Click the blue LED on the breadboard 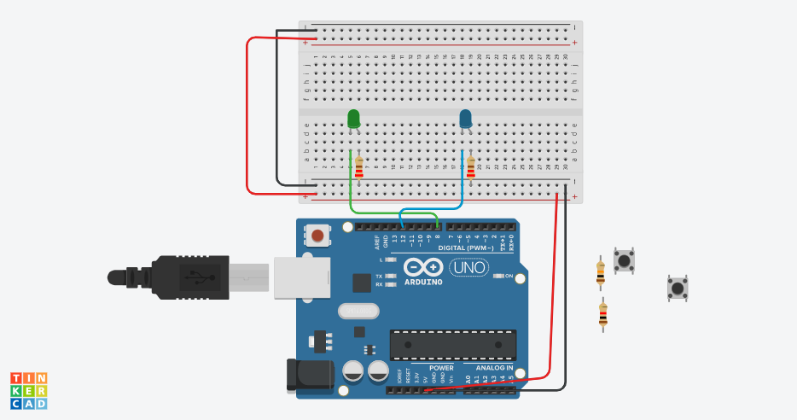click(466, 119)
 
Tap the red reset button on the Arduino click(319, 235)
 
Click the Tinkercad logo click(29, 389)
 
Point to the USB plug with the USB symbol click(192, 277)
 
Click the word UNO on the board click(470, 267)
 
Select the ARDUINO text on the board click(423, 281)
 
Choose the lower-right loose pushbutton click(678, 288)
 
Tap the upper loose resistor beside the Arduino click(601, 272)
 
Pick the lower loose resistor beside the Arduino click(603, 315)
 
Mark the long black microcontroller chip click(453, 344)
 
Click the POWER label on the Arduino click(441, 368)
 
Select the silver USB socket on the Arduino click(300, 278)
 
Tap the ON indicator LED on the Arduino click(500, 276)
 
